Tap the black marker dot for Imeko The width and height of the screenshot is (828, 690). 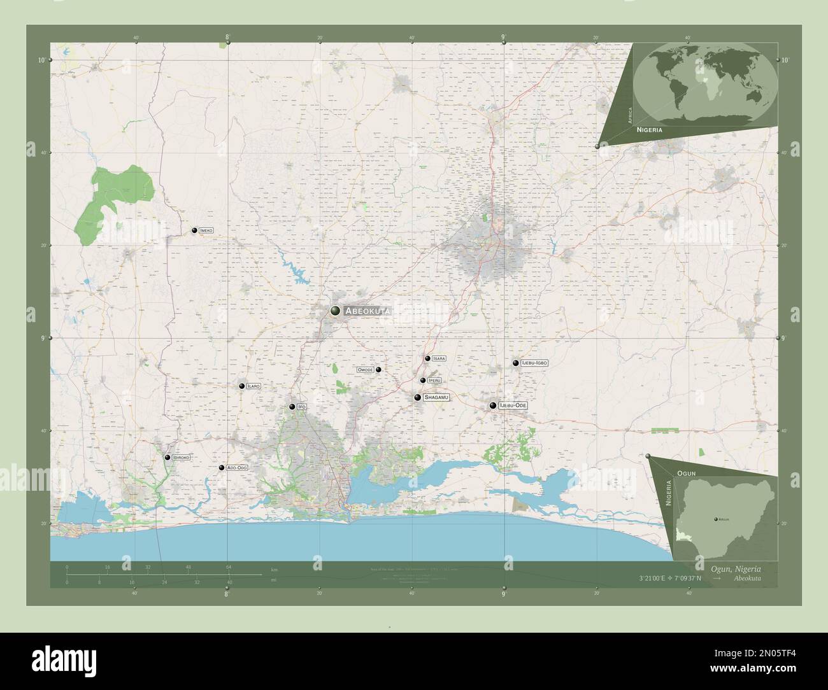(194, 230)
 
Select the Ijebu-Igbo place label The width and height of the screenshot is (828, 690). (534, 363)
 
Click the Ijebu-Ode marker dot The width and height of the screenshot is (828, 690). (493, 405)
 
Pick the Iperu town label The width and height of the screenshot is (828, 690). (434, 381)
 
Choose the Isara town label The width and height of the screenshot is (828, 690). (439, 358)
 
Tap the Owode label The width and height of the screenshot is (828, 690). (365, 370)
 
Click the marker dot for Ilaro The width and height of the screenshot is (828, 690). (242, 386)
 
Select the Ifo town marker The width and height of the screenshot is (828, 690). (292, 406)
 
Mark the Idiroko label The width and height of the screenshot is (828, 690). (181, 458)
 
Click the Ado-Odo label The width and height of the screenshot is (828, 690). (236, 468)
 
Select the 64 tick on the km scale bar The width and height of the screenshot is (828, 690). (227, 567)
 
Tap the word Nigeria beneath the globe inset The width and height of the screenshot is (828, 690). (648, 129)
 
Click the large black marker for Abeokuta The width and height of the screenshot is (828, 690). (335, 311)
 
